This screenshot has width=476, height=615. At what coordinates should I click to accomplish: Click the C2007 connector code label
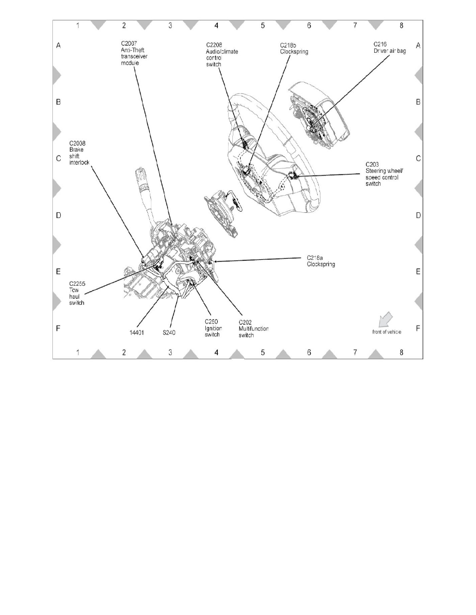(129, 44)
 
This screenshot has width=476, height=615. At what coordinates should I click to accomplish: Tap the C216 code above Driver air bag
(380, 45)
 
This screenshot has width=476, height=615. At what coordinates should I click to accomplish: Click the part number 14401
(137, 333)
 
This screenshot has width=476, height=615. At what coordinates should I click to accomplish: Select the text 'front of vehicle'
(386, 332)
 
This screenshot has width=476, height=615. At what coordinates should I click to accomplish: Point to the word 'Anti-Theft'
(131, 50)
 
